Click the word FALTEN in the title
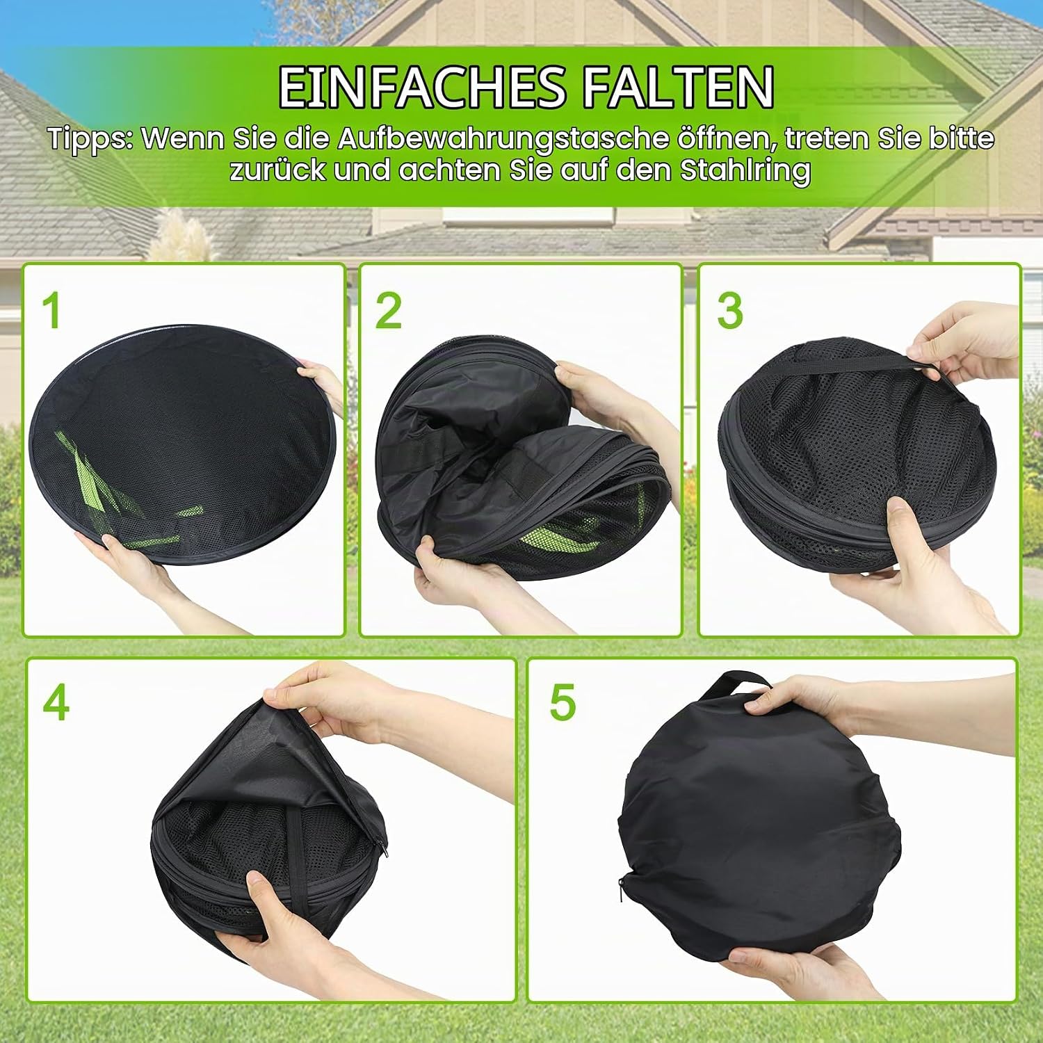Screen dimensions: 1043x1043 point(677,87)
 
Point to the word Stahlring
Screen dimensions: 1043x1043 point(745,171)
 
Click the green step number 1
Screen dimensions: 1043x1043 point(51,310)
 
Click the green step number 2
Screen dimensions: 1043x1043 point(389,310)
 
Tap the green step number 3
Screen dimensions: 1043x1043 point(730,310)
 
